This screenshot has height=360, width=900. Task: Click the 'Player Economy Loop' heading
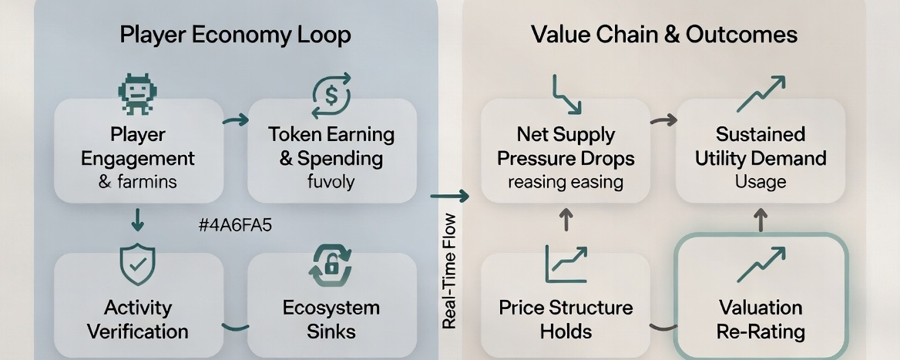point(235,35)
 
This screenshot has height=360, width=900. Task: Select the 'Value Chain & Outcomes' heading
point(663,35)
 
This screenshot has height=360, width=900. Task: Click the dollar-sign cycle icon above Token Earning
point(331,94)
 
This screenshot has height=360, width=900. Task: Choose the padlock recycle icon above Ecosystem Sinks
point(331,266)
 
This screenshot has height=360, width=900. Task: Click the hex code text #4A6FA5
point(235,226)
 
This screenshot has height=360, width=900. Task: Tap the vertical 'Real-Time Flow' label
point(450,271)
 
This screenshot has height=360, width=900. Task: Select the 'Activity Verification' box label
point(138,319)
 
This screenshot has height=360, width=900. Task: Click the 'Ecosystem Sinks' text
point(331,319)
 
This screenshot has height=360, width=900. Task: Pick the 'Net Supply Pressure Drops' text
point(566,146)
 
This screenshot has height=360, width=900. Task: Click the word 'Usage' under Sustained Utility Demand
point(760,182)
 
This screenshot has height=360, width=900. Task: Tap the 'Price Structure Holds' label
point(566,319)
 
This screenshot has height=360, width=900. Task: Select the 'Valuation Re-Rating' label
point(761,319)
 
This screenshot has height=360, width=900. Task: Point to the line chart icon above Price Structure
point(566,264)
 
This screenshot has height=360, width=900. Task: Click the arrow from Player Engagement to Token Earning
point(235,119)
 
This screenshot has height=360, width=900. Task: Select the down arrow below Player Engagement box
point(138,220)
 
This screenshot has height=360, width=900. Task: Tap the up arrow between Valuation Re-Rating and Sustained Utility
point(761,221)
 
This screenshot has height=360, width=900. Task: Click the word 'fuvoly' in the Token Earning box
point(331,182)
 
